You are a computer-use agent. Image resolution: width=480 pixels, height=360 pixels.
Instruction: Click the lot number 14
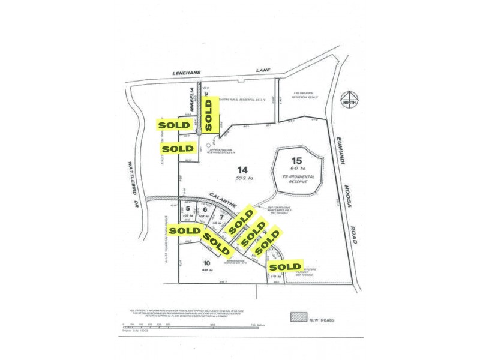(242, 169)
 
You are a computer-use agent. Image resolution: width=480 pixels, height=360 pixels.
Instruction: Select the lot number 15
(295, 160)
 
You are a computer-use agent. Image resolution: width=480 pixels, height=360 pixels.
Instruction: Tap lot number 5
(187, 209)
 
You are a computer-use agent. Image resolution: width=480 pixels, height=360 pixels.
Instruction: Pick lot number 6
(205, 209)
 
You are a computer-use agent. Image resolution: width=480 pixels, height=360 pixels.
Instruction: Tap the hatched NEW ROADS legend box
(298, 316)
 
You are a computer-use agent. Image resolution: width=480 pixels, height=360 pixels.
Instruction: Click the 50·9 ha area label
(242, 178)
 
